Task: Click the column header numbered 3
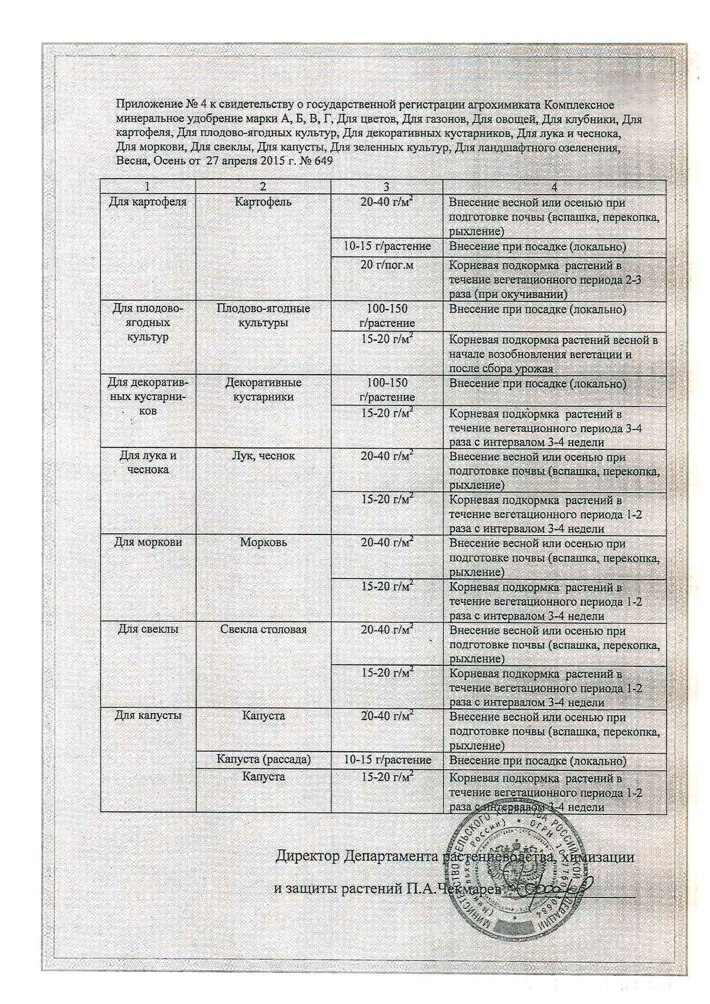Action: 386,187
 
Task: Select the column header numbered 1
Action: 148,187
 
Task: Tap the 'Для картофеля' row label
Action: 148,202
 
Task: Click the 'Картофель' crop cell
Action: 263,202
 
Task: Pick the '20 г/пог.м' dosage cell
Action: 387,265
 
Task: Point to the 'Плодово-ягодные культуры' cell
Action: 263,316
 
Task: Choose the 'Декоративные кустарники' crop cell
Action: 263,389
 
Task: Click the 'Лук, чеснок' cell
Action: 263,456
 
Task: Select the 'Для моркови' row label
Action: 148,542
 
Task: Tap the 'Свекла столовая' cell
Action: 263,629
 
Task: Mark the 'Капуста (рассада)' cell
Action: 263,759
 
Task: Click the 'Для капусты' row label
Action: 148,716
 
